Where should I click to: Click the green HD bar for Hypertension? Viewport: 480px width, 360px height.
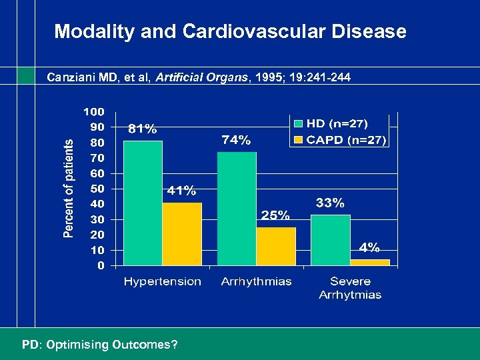coord(143,203)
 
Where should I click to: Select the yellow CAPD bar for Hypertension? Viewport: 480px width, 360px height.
coord(182,234)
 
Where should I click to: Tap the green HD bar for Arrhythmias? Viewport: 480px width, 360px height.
coord(237,208)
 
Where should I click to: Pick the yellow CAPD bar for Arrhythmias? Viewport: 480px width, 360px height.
coord(276,246)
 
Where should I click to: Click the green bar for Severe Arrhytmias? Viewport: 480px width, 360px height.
coord(331,239)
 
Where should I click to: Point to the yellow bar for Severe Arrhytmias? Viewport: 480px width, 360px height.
coord(370,262)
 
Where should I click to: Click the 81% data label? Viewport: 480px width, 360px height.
coord(143,129)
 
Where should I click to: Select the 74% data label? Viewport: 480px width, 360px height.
coord(236,139)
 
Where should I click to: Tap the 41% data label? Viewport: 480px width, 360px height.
coord(181,191)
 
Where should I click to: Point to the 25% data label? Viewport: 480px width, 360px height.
coord(275,215)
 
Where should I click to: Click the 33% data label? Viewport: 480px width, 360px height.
coord(330,203)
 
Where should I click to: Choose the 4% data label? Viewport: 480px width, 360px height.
coord(370,247)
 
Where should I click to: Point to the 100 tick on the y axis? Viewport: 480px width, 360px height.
coord(93,111)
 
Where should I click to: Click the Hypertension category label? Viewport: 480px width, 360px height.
coord(162,281)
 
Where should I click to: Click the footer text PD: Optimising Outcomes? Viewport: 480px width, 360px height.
coord(99,345)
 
